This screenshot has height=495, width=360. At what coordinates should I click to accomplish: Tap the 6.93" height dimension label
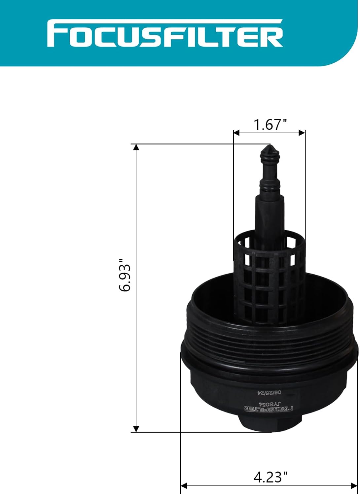[x=125, y=275]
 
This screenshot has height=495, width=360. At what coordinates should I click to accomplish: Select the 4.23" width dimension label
[x=270, y=477]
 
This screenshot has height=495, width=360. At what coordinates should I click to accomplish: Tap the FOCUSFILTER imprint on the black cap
[x=269, y=409]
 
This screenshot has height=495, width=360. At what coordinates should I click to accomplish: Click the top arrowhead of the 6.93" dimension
[x=136, y=147]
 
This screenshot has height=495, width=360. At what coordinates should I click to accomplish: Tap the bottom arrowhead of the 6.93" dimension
[x=136, y=429]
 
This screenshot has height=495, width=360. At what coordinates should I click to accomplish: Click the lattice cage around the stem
[x=269, y=280]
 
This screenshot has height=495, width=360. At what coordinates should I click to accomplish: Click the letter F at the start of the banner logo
[x=55, y=34]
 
